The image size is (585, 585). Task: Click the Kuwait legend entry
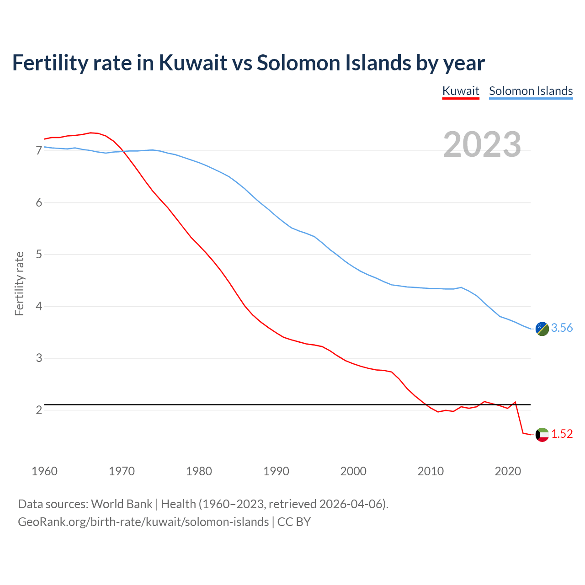tap(461, 91)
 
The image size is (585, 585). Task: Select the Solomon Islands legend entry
tap(531, 91)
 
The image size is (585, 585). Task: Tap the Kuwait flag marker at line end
tap(542, 435)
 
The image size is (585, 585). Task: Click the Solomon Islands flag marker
tap(542, 329)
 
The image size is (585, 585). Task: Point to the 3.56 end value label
tap(562, 328)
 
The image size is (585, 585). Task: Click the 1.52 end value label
tap(562, 434)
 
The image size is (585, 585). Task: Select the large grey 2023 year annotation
tap(482, 144)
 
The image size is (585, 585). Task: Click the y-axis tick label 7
tap(39, 151)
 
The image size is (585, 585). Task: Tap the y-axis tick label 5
tap(39, 255)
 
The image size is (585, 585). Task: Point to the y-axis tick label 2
tap(39, 410)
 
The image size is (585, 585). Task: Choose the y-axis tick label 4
tap(39, 306)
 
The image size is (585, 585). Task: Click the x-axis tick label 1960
tap(44, 471)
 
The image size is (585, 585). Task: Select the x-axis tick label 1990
tap(276, 471)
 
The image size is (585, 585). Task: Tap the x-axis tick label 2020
tap(508, 471)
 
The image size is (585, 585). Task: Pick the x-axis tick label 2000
tap(353, 471)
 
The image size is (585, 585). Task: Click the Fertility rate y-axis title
tap(19, 283)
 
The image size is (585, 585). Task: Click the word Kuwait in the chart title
tap(192, 63)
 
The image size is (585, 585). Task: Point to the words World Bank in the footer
tap(122, 504)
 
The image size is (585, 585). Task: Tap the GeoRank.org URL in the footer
tap(143, 522)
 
